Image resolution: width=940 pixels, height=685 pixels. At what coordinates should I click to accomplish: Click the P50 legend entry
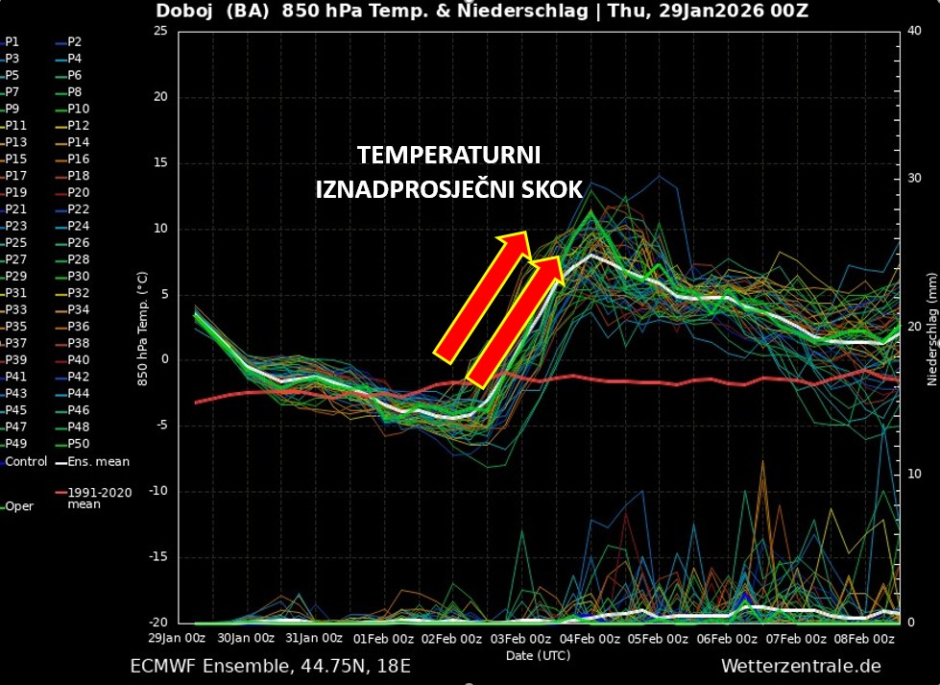78,443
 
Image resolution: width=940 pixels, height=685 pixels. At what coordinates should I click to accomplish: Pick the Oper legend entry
19,506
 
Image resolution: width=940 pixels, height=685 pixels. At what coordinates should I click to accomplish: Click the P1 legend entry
12,42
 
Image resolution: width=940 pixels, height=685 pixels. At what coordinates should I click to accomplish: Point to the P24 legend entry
78,227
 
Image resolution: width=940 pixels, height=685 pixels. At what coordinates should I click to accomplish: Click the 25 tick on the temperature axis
159,32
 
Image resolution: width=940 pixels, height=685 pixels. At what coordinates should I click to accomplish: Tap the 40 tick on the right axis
914,32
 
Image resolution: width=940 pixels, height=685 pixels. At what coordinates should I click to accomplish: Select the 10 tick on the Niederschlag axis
914,475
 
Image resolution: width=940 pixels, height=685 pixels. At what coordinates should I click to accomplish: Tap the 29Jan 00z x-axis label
177,639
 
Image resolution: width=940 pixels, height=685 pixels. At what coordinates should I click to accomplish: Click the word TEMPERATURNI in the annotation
449,156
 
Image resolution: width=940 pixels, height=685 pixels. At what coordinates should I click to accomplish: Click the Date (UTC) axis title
538,654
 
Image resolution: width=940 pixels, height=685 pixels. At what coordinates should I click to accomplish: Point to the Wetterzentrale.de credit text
801,666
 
